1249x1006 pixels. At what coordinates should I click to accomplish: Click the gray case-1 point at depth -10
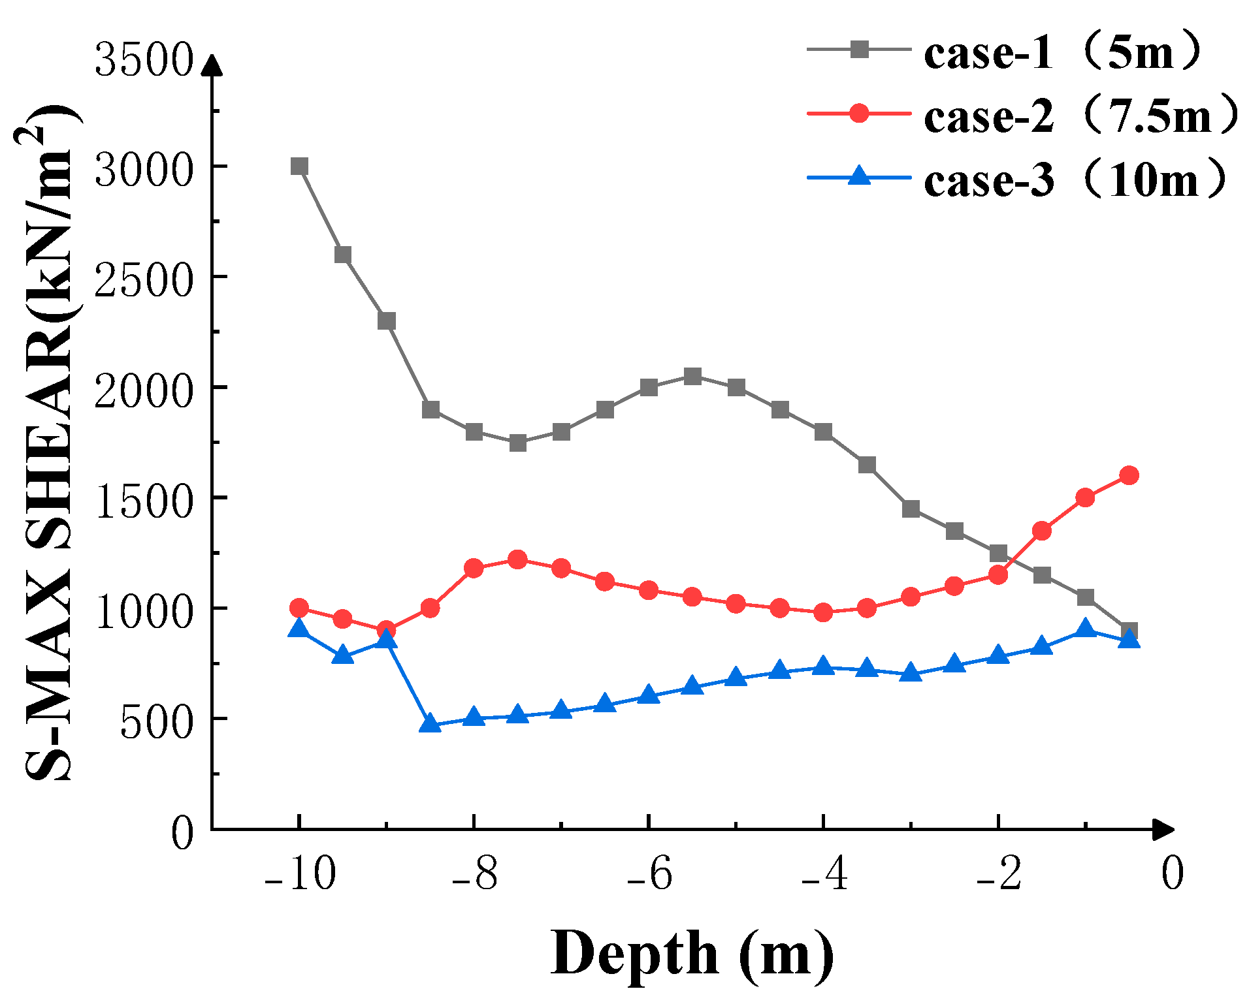point(299,166)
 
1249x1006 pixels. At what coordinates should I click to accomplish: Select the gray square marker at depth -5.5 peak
point(692,376)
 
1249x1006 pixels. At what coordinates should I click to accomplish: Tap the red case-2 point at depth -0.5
point(1129,475)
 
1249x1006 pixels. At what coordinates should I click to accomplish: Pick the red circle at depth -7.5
point(517,559)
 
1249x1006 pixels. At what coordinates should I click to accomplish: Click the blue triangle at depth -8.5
point(430,723)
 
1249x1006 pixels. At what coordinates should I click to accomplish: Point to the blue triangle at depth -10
point(299,628)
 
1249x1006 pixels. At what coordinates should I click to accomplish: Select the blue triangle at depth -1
point(1085,628)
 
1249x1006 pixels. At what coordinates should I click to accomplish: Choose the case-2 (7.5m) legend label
point(1080,116)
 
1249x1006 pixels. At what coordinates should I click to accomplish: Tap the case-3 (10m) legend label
point(1075,179)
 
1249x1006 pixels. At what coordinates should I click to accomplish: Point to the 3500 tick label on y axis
point(144,60)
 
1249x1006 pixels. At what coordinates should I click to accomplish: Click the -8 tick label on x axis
point(475,873)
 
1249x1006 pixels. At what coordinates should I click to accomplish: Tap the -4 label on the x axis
point(824,873)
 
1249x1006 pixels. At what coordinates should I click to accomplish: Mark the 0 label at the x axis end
point(1173,873)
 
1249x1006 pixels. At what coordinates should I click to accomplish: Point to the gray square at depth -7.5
point(517,443)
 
